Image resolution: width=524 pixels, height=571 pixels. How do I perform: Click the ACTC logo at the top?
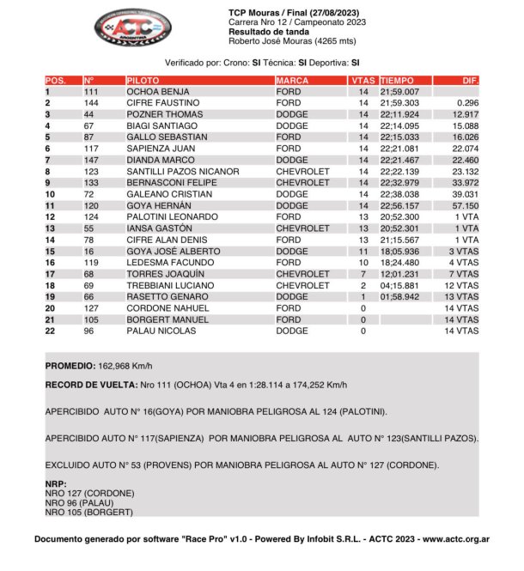pos(132,27)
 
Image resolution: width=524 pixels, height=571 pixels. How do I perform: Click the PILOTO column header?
pos(142,79)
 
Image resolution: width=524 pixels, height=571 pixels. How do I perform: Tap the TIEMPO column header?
pos(396,79)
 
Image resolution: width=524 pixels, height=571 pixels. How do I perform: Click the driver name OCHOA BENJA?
pos(157,91)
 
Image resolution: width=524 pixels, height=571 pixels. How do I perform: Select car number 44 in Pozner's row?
pos(88,113)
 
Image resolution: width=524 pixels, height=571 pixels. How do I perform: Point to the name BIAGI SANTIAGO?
pos(161,125)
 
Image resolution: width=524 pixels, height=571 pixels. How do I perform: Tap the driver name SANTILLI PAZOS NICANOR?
pos(182,171)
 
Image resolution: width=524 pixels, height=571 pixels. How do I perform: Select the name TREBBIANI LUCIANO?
pos(168,285)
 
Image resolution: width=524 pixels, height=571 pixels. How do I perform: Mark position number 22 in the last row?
pos(50,331)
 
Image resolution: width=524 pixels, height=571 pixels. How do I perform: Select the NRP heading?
pos(55,483)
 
